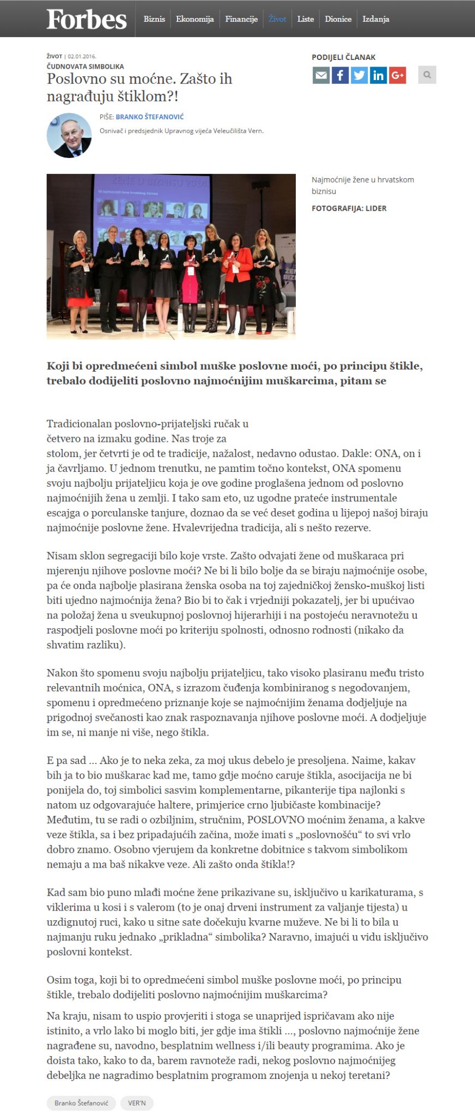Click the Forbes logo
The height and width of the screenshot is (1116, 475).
tap(87, 20)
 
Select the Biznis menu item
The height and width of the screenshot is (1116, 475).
tap(154, 19)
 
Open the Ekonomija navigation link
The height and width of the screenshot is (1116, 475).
tap(194, 19)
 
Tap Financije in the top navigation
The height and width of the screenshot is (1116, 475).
tap(241, 19)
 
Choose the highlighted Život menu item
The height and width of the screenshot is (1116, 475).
tap(277, 19)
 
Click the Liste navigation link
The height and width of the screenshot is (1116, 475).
tap(306, 19)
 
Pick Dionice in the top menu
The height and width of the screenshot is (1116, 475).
tap(338, 19)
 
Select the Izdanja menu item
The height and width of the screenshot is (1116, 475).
tap(376, 19)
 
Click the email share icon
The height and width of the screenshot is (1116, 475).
tap(321, 75)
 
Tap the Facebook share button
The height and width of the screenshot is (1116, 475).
tap(340, 75)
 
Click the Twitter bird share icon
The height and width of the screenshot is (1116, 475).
tap(359, 75)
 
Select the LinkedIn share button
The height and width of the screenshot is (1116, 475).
tap(378, 75)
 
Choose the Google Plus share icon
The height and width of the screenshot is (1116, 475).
tap(398, 75)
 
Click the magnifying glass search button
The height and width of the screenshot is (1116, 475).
tap(427, 75)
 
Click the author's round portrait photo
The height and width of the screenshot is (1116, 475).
tap(69, 136)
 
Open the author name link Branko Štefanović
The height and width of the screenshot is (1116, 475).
tap(150, 117)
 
